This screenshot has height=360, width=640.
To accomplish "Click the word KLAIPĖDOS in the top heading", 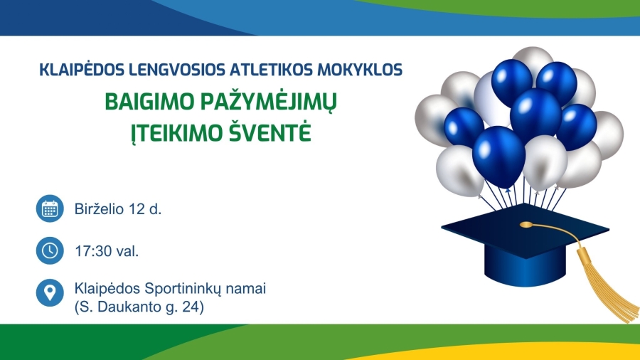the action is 82,70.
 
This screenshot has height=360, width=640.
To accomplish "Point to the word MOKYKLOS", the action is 360,70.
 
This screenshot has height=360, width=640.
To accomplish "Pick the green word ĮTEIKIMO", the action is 176,132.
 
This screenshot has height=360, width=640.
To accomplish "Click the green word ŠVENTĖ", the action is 269,131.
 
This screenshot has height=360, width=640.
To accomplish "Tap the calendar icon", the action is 50,208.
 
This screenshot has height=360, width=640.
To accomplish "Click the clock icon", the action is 50,250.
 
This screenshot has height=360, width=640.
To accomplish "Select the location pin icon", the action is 50,292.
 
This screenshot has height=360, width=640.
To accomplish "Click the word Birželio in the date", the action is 99,209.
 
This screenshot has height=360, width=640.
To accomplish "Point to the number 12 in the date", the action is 136,209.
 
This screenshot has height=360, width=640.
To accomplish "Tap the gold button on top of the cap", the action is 526,225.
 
